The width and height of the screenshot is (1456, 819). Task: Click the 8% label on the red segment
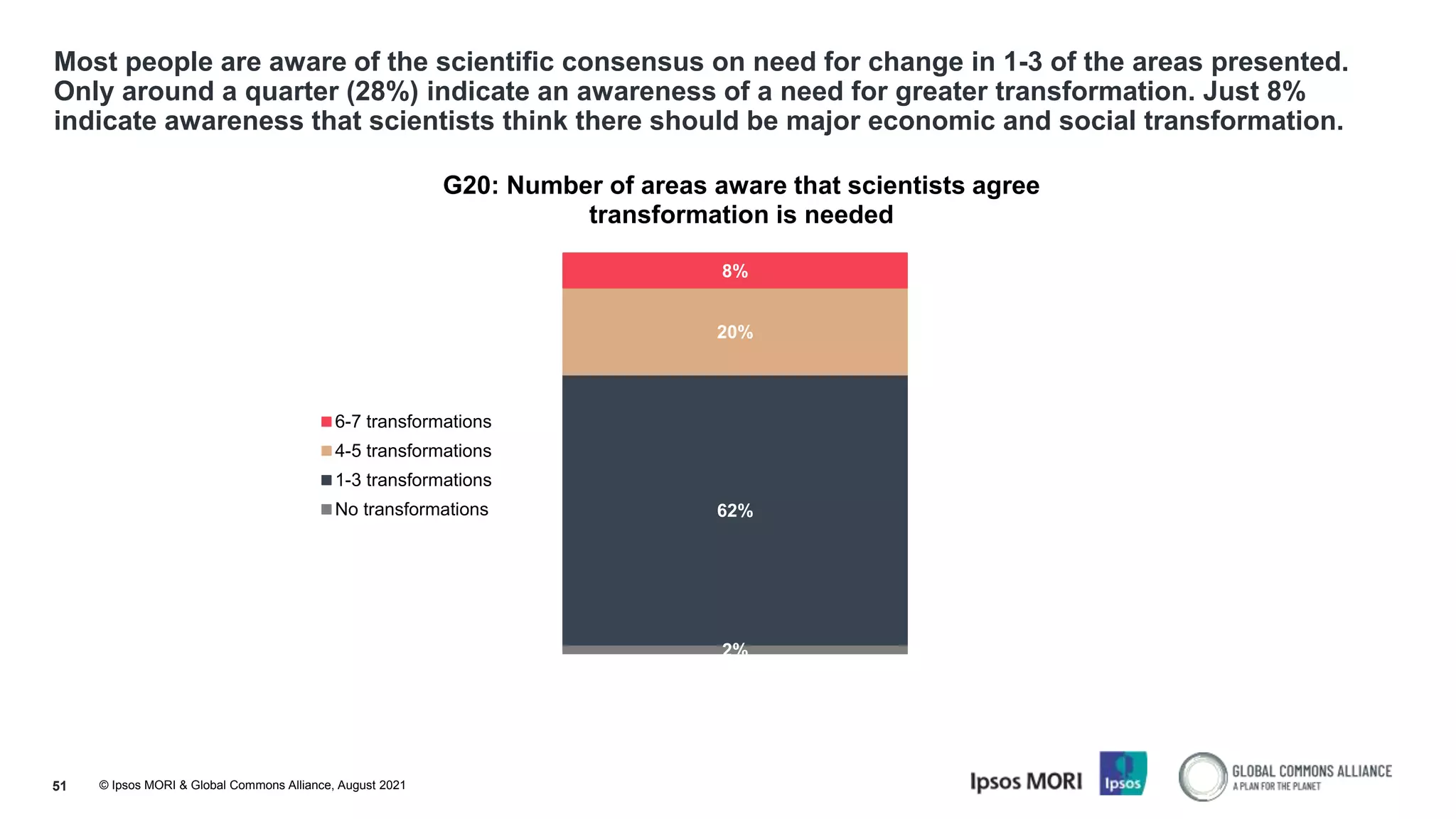coord(734,271)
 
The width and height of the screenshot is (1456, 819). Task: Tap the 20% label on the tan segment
coord(734,332)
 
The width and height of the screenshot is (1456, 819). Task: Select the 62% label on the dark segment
coord(734,510)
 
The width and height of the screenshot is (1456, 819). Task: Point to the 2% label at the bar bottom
coord(734,648)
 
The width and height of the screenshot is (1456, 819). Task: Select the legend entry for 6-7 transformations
coord(412,422)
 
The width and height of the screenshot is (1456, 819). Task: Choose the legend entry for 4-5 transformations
coord(412,451)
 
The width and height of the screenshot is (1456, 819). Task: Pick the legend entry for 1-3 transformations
coord(412,480)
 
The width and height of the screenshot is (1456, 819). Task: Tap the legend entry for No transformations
coord(411,509)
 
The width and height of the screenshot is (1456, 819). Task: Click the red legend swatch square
coord(326,422)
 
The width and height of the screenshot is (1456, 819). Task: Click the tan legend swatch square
coord(326,451)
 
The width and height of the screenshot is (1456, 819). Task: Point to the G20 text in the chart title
coord(470,186)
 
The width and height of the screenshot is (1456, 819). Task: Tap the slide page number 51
coord(60,786)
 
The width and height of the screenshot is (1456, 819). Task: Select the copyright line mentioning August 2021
coord(252,785)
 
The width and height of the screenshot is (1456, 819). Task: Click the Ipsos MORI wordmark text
coord(1025,781)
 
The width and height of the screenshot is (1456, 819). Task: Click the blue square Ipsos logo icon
coord(1123,773)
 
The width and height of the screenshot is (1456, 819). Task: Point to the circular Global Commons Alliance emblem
coord(1202,776)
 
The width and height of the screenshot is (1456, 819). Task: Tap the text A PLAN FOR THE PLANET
coord(1276,786)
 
